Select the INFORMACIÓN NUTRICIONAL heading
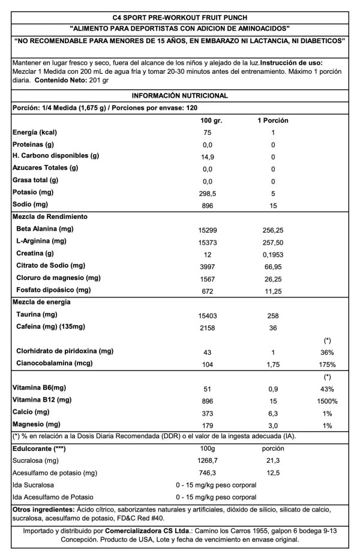179,95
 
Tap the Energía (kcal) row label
35,133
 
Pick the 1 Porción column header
272,121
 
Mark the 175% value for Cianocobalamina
327,365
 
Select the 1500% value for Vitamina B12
327,401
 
